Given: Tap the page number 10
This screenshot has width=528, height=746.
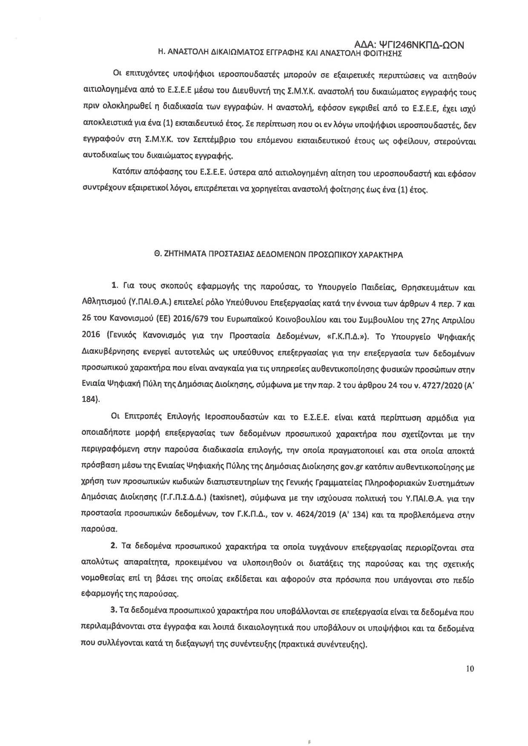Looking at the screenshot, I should (470, 668).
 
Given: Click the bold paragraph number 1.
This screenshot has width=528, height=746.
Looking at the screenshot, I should (114, 288).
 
